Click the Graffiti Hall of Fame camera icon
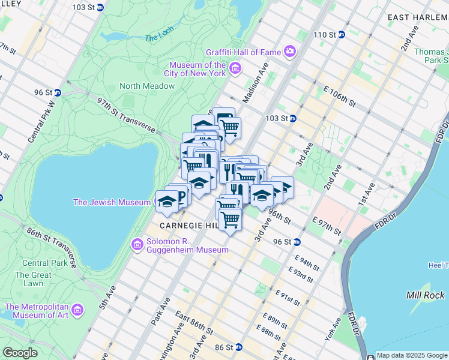(x=290, y=52)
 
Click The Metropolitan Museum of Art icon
(x=77, y=310)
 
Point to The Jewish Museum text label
(x=111, y=202)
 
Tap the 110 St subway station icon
(x=341, y=34)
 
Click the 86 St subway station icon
(x=238, y=347)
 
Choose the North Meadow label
(x=147, y=86)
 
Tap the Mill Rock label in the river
(x=425, y=295)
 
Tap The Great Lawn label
(x=29, y=279)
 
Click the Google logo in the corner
(x=20, y=352)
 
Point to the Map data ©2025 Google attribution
(x=412, y=355)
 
